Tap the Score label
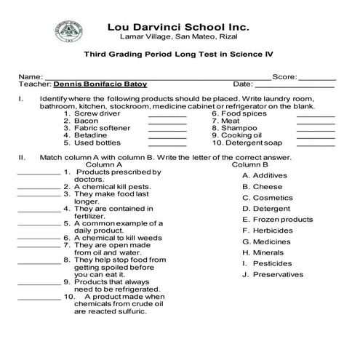284,76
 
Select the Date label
243,84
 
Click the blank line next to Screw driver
167,114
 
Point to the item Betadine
86,135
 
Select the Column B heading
249,164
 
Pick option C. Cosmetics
267,197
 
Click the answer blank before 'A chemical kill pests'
38,186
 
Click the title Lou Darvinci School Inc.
178,27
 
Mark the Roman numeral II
23,156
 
